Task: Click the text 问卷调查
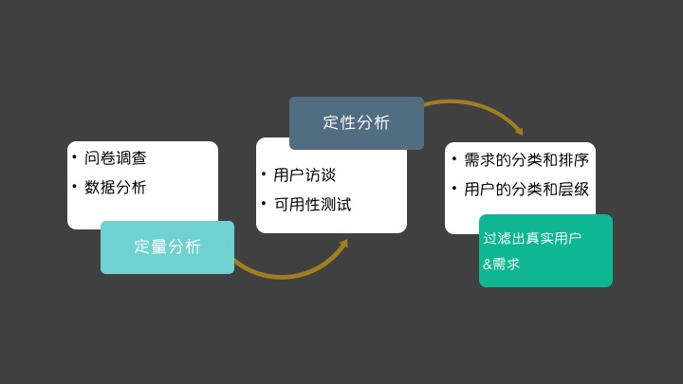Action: click(x=116, y=158)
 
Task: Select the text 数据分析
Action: click(x=116, y=187)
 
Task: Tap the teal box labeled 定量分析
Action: click(x=167, y=247)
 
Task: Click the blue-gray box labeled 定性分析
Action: click(x=356, y=123)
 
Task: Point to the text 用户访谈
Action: click(x=305, y=175)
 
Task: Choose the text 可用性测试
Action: click(x=312, y=205)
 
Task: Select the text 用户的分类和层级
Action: click(x=526, y=189)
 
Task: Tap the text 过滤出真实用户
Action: click(x=532, y=237)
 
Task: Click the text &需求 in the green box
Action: click(x=502, y=264)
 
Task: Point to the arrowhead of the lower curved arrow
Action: click(x=342, y=245)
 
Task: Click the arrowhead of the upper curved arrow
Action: click(x=517, y=130)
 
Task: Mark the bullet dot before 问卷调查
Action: click(x=74, y=156)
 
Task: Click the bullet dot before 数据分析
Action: click(x=74, y=185)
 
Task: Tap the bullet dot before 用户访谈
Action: click(x=264, y=174)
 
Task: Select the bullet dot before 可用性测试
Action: click(x=264, y=203)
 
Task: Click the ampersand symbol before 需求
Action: click(x=488, y=265)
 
